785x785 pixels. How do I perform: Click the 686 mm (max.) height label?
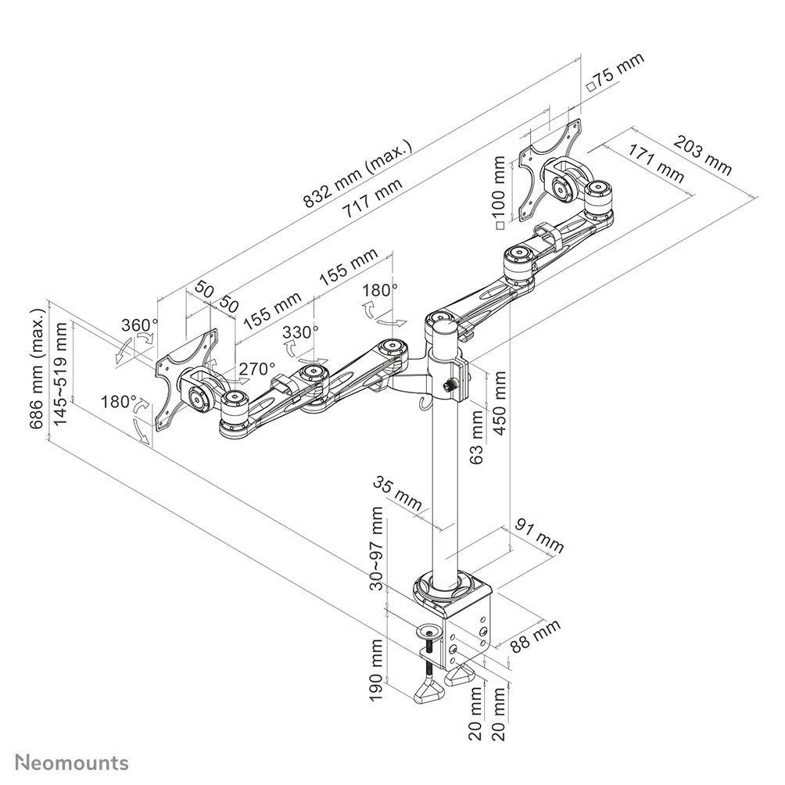(x=37, y=368)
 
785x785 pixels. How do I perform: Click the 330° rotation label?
(x=300, y=332)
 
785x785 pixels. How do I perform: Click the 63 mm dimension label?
(x=478, y=440)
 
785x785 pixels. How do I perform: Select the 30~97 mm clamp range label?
(x=378, y=547)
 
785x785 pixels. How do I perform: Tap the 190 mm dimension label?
(x=378, y=670)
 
